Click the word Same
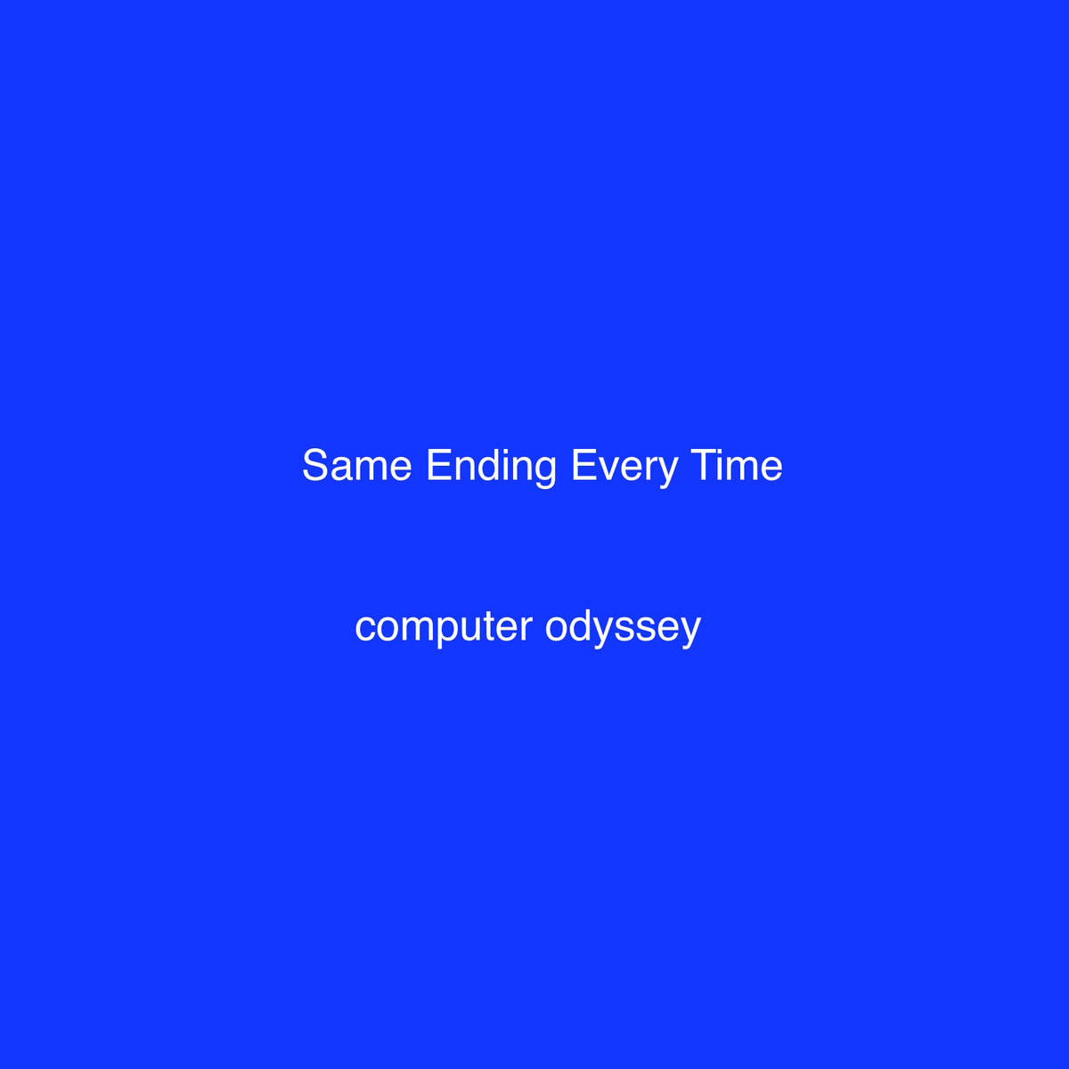356,465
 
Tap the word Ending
491,469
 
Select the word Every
624,469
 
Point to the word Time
736,465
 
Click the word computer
444,629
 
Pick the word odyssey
623,628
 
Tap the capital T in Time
703,465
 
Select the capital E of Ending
439,465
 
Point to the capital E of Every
584,465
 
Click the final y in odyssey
690,633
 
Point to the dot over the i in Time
723,451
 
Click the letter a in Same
347,469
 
